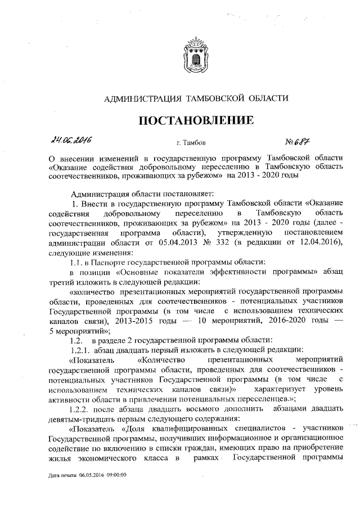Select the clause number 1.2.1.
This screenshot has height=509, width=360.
pyautogui.click(x=80, y=349)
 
